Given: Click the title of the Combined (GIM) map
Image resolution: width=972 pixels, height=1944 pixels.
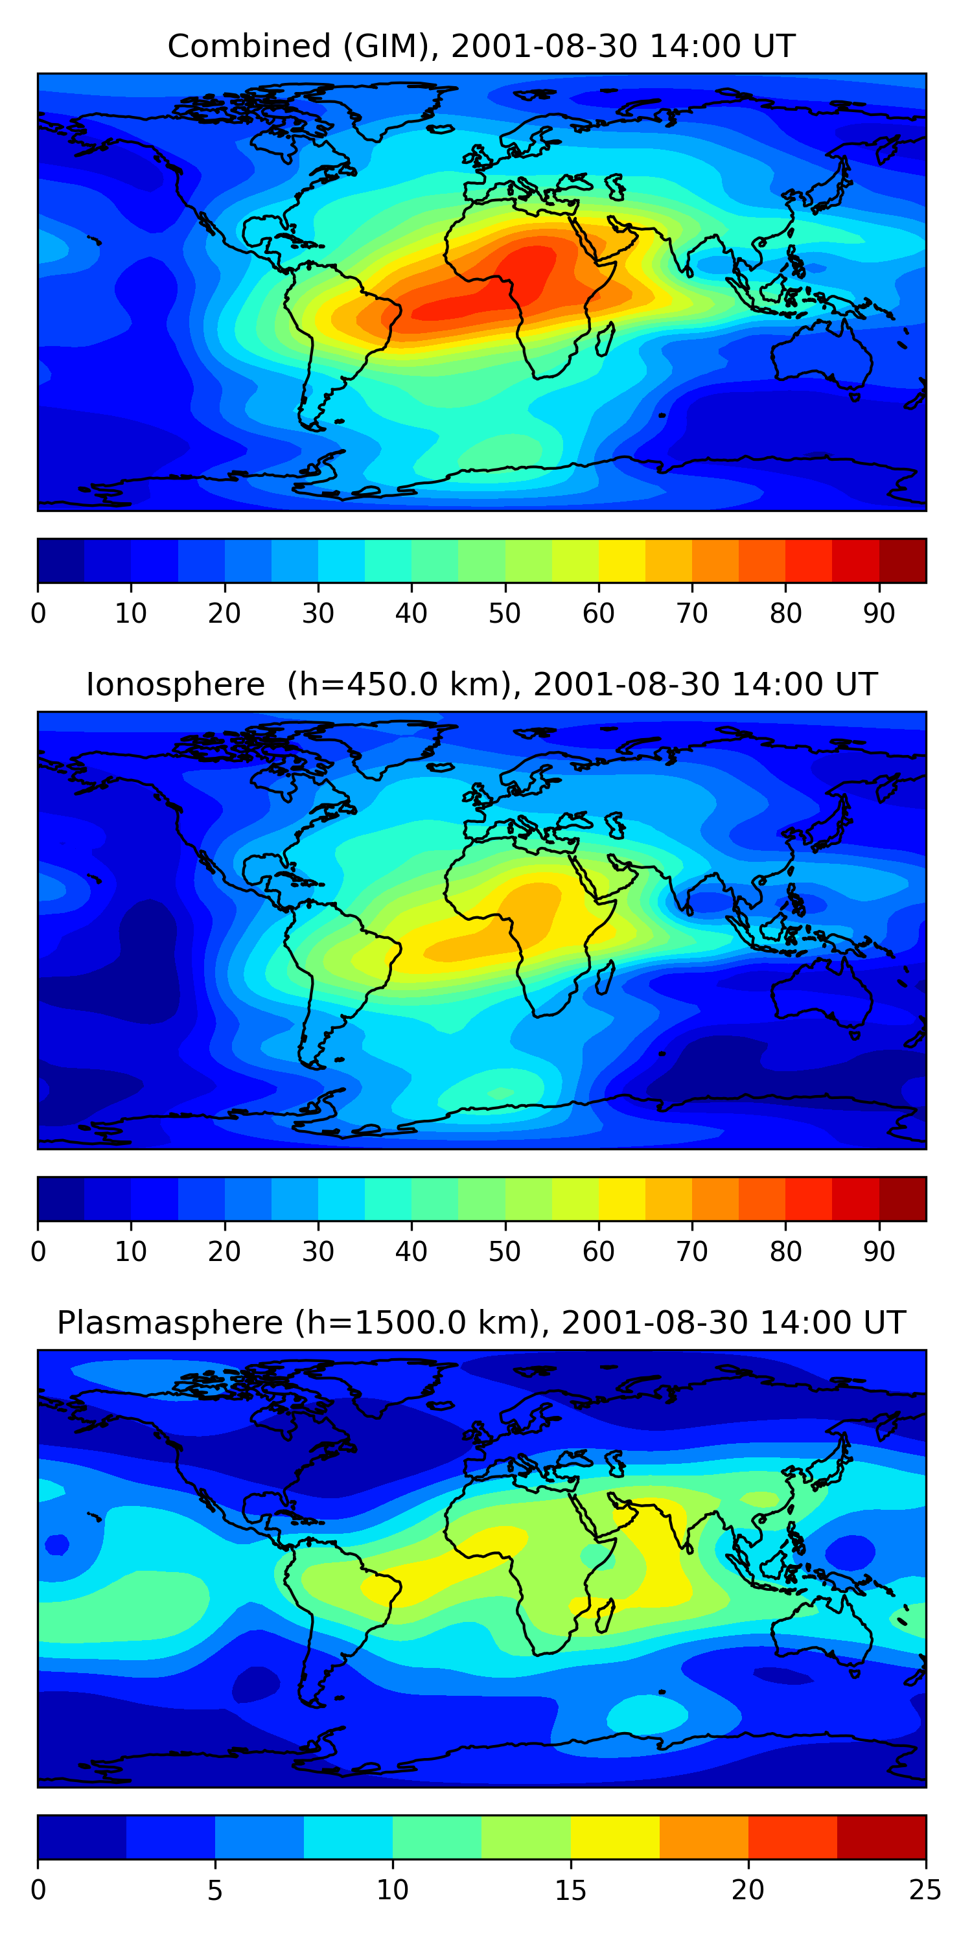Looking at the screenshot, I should pyautogui.click(x=481, y=47).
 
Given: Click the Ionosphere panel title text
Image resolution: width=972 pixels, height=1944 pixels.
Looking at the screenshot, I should pyautogui.click(x=481, y=684).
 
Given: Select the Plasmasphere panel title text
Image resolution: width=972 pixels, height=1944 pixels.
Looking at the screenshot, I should pyautogui.click(x=481, y=1323).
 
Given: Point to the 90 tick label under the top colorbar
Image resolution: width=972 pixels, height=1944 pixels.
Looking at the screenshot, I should pyautogui.click(x=879, y=614).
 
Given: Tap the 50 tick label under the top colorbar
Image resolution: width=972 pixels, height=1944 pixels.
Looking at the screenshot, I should pyautogui.click(x=505, y=614).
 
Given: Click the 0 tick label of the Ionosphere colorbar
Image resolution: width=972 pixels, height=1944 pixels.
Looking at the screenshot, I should pyautogui.click(x=38, y=1252).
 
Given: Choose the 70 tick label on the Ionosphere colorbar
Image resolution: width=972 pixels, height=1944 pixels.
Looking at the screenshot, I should pyautogui.click(x=692, y=1252).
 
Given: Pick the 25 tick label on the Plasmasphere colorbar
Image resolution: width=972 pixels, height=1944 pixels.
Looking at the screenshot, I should pyautogui.click(x=925, y=1890).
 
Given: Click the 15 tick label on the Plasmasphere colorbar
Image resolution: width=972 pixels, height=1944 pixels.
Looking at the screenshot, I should pyautogui.click(x=570, y=1890).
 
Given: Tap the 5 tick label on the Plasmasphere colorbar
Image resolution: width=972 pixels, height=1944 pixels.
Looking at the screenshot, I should pyautogui.click(x=215, y=1890).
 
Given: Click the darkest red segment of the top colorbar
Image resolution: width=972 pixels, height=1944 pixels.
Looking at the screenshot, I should pyautogui.click(x=903, y=561).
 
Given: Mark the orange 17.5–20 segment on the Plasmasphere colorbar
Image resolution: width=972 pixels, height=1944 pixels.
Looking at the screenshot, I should pyautogui.click(x=704, y=1838).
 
